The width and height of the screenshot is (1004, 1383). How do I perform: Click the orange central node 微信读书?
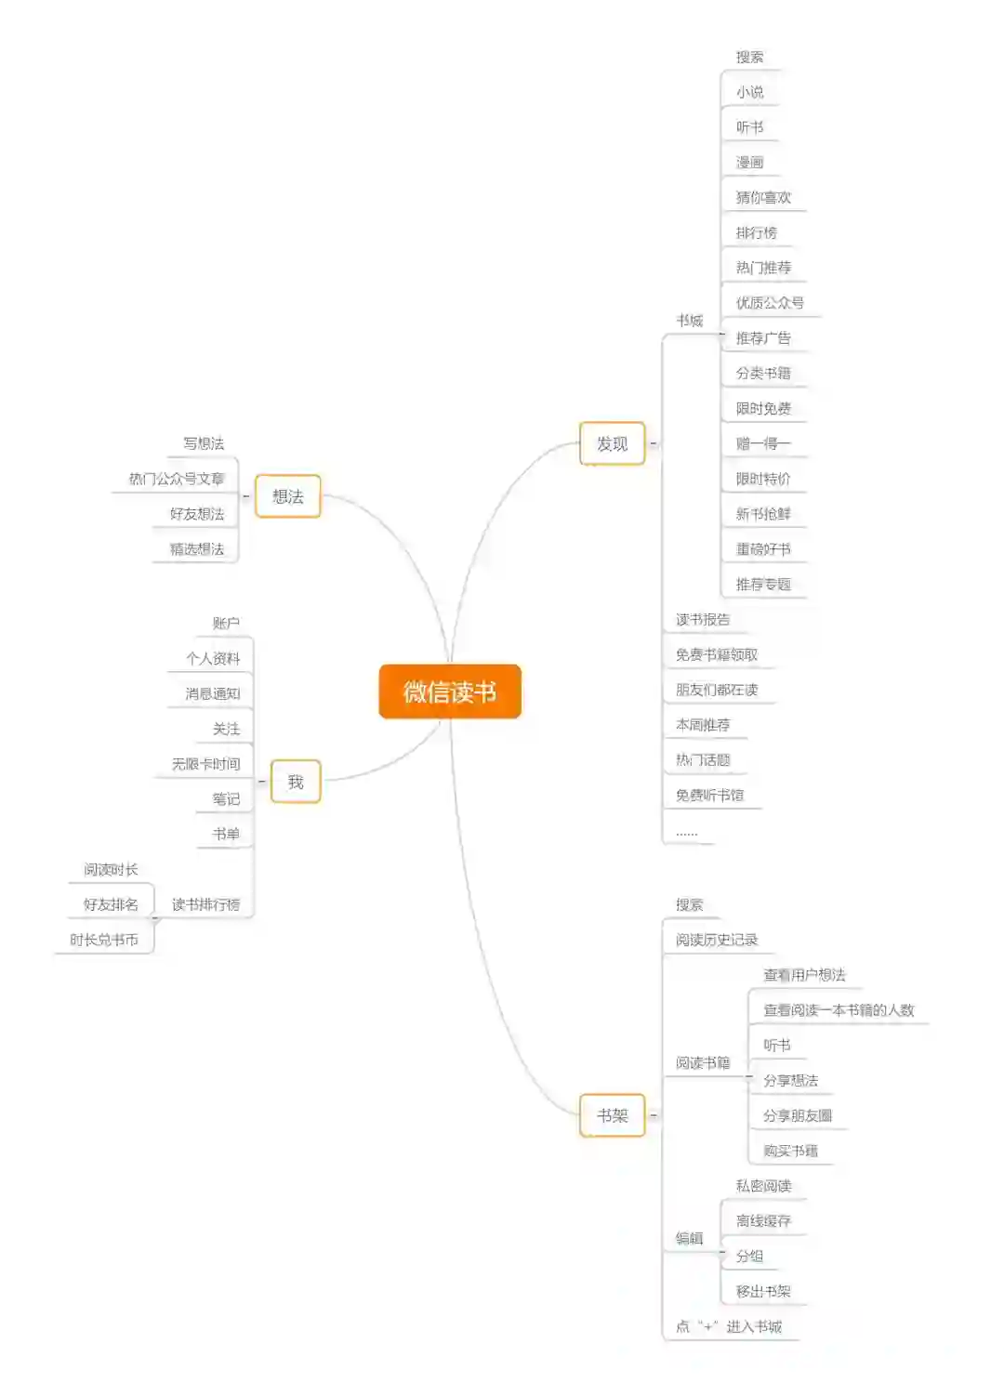point(450,691)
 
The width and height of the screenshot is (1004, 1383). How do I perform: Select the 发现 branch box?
point(612,444)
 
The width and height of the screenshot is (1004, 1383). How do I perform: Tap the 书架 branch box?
point(612,1115)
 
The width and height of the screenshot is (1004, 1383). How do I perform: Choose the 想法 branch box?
point(288,496)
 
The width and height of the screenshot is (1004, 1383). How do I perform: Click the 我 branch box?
point(296,782)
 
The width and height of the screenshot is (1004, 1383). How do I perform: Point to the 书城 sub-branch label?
point(689,321)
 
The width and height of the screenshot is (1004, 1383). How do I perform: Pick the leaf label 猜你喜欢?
point(763,197)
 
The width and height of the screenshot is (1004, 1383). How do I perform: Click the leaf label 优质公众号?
point(770,303)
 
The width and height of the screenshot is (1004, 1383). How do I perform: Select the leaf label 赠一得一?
point(763,443)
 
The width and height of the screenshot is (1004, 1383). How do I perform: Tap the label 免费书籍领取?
point(716,654)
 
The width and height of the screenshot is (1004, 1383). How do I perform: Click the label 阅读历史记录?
point(716,940)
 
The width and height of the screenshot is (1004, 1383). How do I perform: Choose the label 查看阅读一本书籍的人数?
point(839,1010)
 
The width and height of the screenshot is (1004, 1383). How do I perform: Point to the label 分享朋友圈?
point(797,1115)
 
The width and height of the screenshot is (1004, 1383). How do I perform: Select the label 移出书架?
point(763,1291)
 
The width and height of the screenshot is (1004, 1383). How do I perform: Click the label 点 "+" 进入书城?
point(729,1326)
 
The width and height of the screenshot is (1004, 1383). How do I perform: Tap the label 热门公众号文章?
point(177,479)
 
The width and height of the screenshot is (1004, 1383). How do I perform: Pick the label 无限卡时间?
point(205,764)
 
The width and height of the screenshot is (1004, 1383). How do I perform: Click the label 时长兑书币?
point(104,940)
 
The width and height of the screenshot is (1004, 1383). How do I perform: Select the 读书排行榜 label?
point(205,904)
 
